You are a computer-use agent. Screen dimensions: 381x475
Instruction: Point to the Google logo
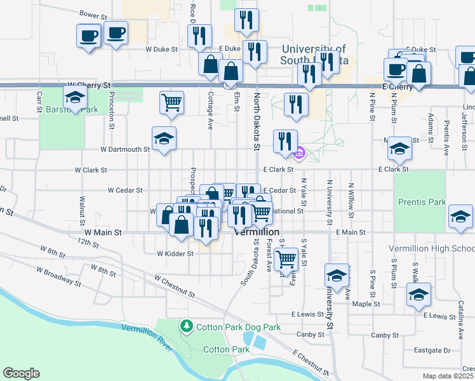pyautogui.click(x=21, y=373)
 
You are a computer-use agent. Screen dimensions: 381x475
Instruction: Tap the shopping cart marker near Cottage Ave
pyautogui.click(x=172, y=102)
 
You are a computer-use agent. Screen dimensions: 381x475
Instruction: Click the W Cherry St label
pyautogui.click(x=89, y=84)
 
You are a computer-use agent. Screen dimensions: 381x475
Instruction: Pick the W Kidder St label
pyautogui.click(x=175, y=253)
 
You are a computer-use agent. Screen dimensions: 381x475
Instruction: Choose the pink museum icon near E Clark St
pyautogui.click(x=300, y=153)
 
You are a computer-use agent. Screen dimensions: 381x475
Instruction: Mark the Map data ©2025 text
pyautogui.click(x=448, y=376)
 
